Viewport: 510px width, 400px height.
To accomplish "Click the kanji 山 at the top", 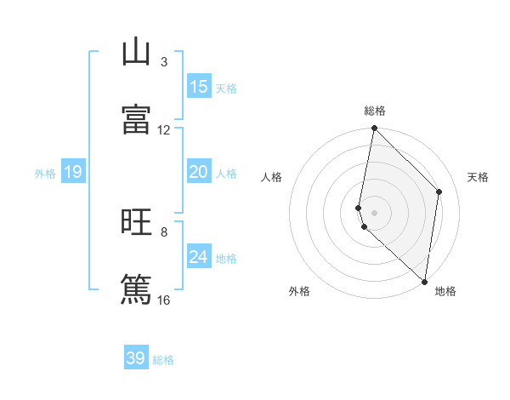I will (136, 53).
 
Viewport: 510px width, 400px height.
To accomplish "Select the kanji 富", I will (136, 119).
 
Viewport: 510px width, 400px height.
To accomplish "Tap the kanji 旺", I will (136, 222).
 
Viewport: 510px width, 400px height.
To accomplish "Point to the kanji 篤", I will (136, 289).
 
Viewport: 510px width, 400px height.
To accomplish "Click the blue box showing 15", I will (199, 87).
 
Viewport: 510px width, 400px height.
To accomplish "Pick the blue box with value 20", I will (199, 173).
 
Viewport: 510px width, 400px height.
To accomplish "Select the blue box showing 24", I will (199, 258).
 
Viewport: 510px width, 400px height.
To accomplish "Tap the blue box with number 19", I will (72, 173).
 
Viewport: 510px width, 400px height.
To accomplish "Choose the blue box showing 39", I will (136, 358).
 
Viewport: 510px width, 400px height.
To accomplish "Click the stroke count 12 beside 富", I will (164, 130).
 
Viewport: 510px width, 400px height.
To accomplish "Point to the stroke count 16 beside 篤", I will (164, 300).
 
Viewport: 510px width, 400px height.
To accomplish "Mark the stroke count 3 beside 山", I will (164, 62).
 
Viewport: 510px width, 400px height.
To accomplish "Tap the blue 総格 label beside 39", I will (164, 360).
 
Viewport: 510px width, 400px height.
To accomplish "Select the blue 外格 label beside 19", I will (45, 174).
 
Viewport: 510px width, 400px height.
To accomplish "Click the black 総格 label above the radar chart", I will (375, 111).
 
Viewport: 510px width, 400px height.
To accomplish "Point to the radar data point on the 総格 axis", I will (374, 129).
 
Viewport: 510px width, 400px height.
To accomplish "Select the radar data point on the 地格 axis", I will (424, 280).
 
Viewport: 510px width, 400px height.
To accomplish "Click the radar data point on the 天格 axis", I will (439, 191).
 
